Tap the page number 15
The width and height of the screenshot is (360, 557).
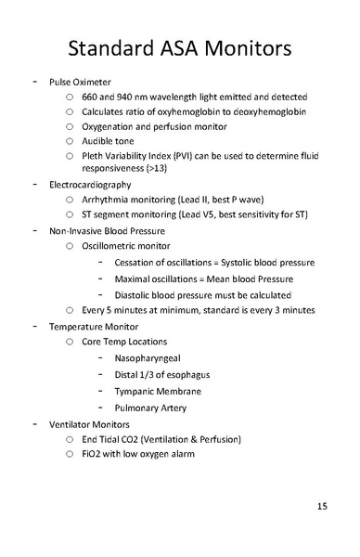pyautogui.click(x=322, y=506)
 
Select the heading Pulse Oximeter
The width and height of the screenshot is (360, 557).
pyautogui.click(x=80, y=82)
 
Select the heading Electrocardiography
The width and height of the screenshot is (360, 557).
pyautogui.click(x=91, y=185)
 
